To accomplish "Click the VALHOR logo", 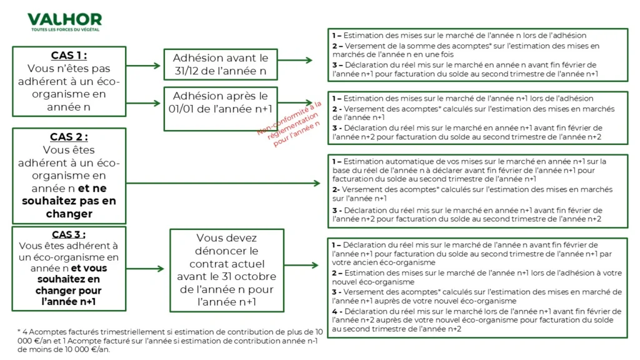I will click(64, 19).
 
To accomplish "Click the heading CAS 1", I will click(69, 56).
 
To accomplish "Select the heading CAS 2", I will click(69, 137).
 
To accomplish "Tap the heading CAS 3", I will click(69, 234).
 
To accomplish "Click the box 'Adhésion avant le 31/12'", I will click(219, 65).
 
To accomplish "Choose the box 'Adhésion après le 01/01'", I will click(219, 102).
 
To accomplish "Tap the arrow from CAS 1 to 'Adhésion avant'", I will click(147, 65).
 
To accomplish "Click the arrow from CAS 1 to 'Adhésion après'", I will click(147, 102).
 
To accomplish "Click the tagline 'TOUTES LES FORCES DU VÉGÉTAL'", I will click(65, 30).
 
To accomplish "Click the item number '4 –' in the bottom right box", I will click(336, 311).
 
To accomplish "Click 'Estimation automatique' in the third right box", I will click(381, 161).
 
